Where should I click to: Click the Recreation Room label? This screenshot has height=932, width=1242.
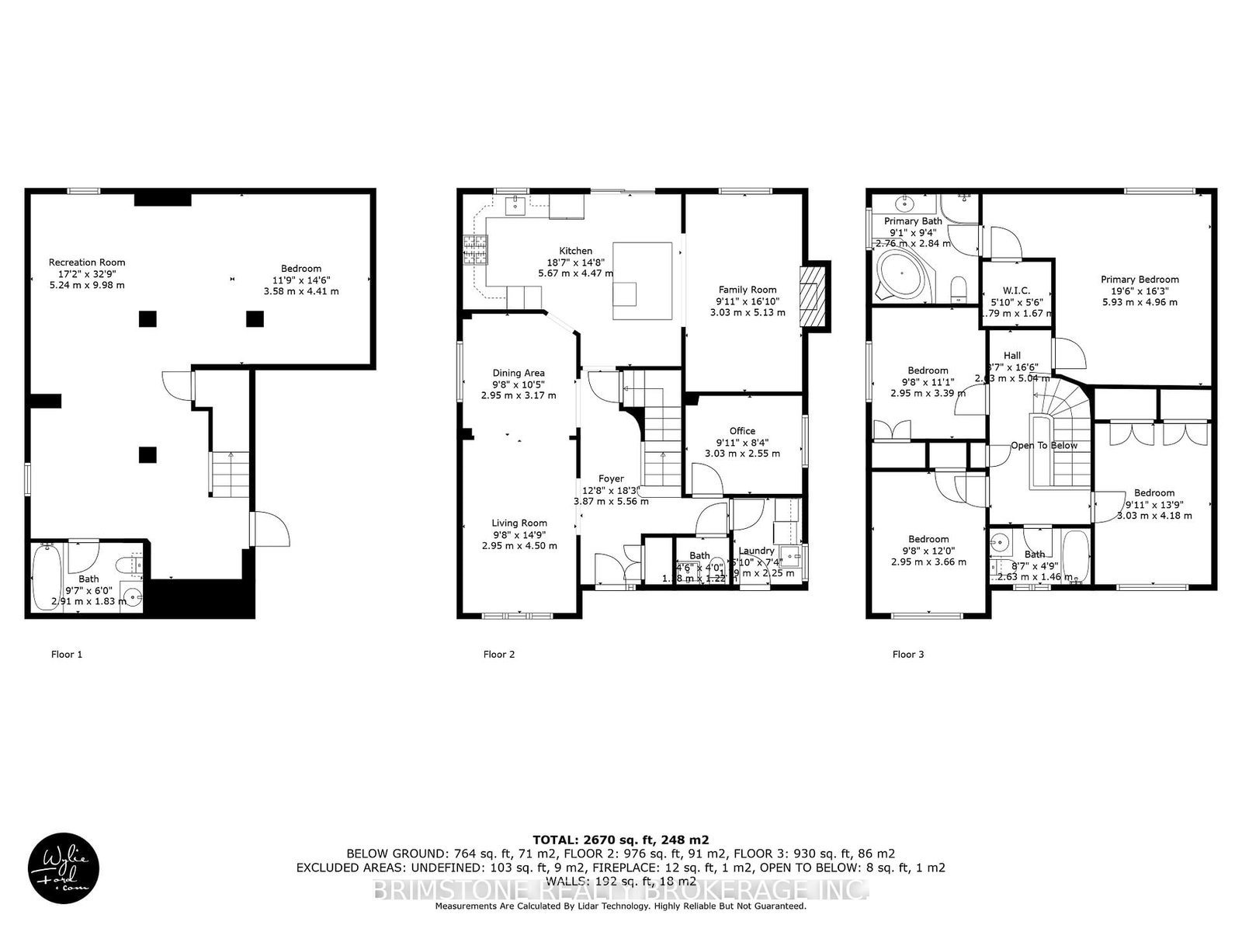(x=87, y=263)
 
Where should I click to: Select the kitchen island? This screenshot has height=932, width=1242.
(x=643, y=280)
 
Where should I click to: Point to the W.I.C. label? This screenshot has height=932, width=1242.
(x=1015, y=290)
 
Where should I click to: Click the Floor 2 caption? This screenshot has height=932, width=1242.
(x=499, y=654)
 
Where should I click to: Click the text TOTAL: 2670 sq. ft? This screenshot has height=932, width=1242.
(x=620, y=840)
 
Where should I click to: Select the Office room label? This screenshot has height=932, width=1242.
(x=742, y=431)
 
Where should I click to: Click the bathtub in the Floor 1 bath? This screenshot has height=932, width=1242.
(x=47, y=578)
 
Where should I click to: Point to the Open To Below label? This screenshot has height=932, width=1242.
(x=1044, y=446)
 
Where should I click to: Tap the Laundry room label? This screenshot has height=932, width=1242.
(x=756, y=551)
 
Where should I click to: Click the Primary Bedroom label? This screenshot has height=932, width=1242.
(x=1140, y=280)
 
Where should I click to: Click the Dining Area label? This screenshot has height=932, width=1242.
(x=519, y=373)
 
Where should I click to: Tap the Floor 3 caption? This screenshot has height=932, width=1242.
(x=908, y=654)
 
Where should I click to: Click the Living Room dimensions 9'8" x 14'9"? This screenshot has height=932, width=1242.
(x=519, y=534)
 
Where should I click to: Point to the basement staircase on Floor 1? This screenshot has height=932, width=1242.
(x=231, y=475)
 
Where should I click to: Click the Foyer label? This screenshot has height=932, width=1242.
(x=611, y=478)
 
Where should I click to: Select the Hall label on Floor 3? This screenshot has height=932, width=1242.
(x=1011, y=356)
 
